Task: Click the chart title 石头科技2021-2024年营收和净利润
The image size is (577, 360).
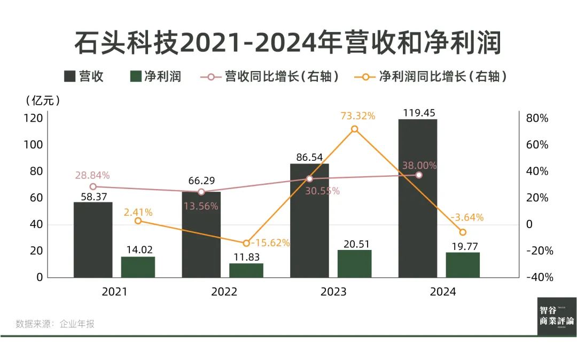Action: [288, 43]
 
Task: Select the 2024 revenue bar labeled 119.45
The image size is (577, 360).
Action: [417, 198]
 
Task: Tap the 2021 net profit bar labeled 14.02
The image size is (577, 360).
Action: [138, 267]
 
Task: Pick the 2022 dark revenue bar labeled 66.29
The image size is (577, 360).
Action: [201, 235]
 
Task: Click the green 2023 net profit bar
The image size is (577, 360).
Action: [354, 264]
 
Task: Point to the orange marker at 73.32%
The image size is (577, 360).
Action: [354, 129]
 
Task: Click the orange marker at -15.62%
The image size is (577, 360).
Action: [246, 243]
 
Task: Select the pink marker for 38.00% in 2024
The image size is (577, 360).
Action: [419, 175]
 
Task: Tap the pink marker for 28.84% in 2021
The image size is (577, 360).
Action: [93, 186]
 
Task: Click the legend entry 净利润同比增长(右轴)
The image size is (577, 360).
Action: [431, 76]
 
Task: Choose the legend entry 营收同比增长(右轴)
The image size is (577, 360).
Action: [270, 76]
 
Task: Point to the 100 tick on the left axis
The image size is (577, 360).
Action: [33, 145]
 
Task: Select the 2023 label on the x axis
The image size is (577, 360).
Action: [333, 292]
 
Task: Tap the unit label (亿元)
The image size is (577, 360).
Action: [43, 100]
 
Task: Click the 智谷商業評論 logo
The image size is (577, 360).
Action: [557, 316]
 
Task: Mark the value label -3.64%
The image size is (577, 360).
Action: [467, 217]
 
